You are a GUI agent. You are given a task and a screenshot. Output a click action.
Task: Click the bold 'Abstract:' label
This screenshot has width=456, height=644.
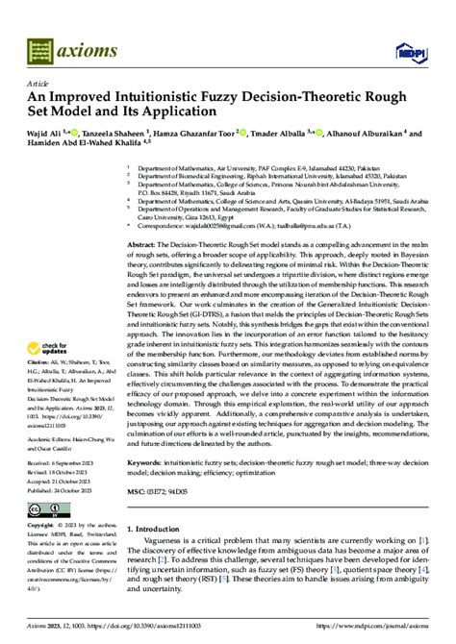(x=143, y=245)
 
